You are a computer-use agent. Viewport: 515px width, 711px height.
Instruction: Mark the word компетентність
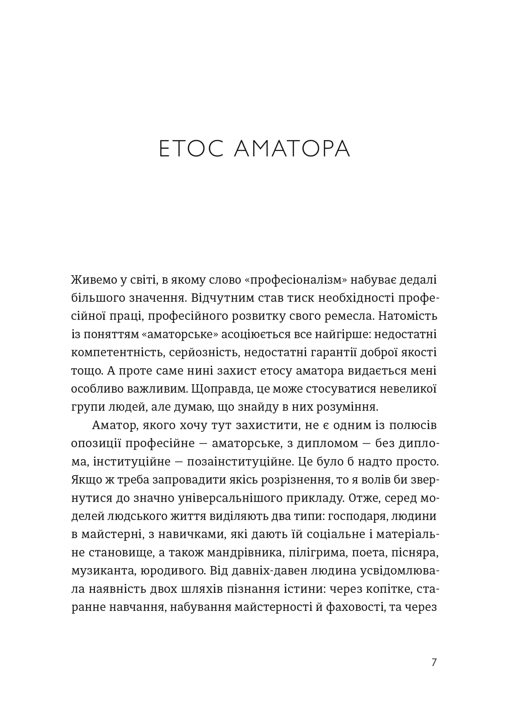tap(117, 352)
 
